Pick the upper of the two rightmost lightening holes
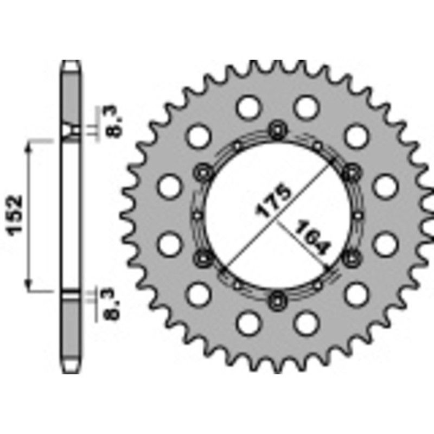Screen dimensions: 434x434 (x=386, y=186)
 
